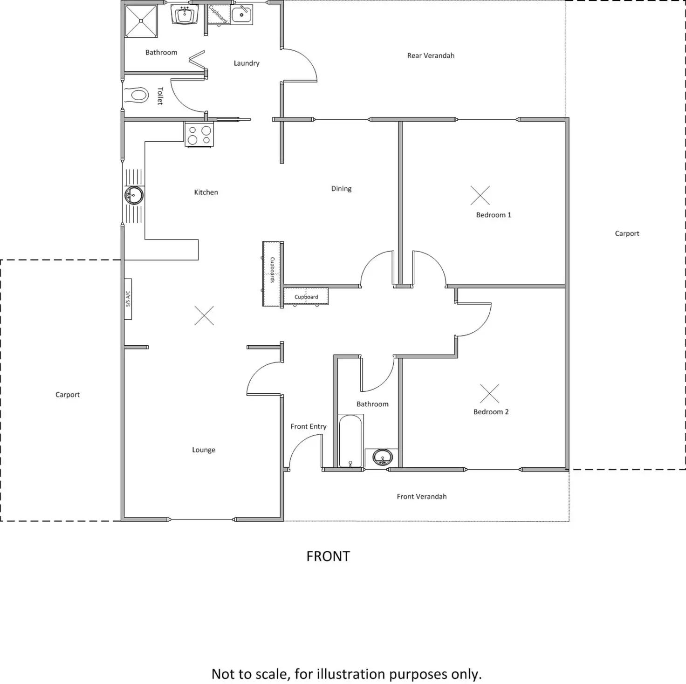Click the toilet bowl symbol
139,96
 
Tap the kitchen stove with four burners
199,135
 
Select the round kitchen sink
134,195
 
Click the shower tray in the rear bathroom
141,21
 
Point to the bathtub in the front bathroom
350,441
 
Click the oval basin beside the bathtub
383,458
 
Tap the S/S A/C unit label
128,299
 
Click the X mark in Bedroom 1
480,195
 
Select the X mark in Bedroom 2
489,394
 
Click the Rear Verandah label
431,55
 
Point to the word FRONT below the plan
328,556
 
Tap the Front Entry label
309,426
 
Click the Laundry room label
247,63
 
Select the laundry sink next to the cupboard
241,14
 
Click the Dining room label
341,189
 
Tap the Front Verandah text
422,497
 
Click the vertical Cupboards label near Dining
272,270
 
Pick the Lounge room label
204,450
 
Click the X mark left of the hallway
204,315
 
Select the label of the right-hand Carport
627,233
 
